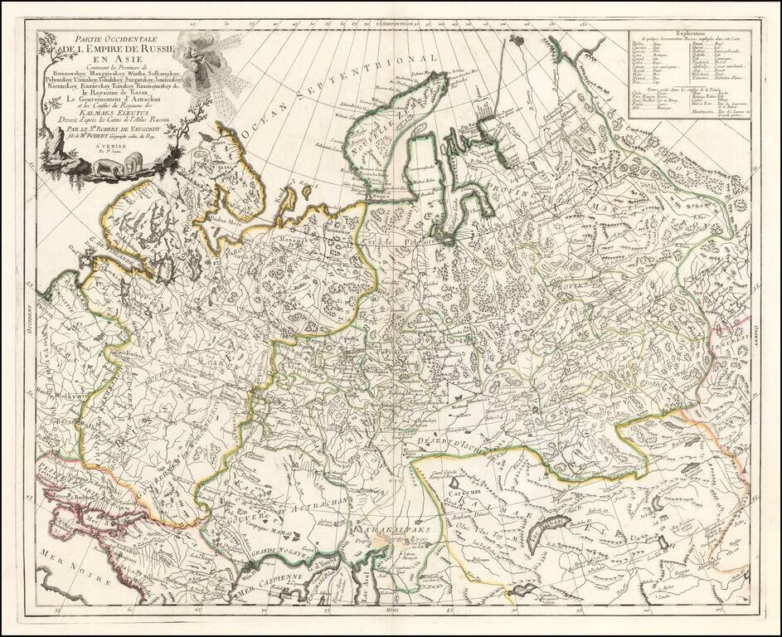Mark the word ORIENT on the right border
756,332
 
